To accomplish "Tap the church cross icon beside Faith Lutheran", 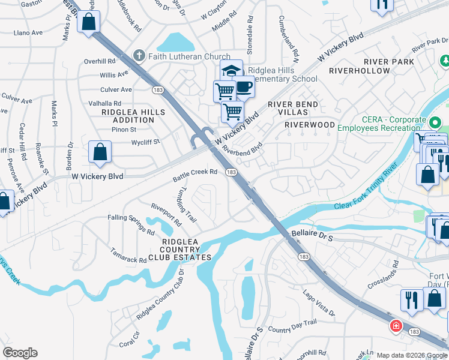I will click(x=139, y=56).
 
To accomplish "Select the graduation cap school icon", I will click(x=231, y=70).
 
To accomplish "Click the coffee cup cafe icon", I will click(x=244, y=86).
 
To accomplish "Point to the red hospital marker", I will click(x=396, y=326).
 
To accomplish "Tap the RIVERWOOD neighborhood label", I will click(x=309, y=125).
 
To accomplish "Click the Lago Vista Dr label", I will click(x=319, y=303).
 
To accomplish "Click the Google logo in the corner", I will click(x=20, y=352).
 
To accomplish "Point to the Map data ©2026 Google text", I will click(x=411, y=355).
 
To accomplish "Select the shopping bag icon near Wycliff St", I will click(x=100, y=152).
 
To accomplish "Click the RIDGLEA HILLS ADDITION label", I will click(x=128, y=116).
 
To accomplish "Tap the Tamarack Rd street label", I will click(x=128, y=256).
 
